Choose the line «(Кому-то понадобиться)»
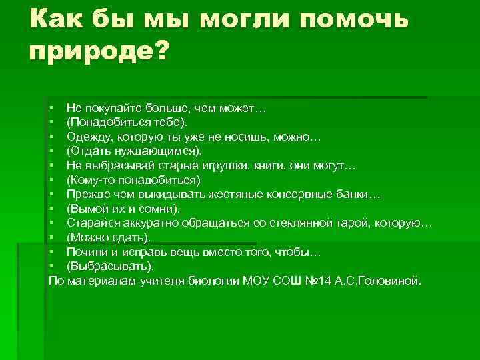[x=133, y=180]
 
